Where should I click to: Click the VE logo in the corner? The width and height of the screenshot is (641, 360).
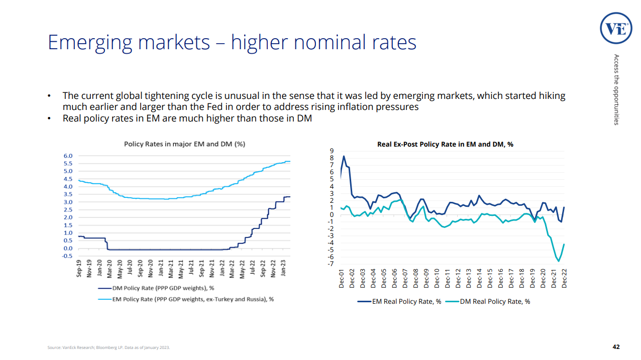[x=616, y=29]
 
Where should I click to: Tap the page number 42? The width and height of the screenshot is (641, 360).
[x=616, y=347]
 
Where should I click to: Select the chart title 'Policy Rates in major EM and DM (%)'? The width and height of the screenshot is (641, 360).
[x=184, y=144]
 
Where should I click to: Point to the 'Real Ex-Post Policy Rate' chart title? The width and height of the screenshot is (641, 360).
[x=445, y=144]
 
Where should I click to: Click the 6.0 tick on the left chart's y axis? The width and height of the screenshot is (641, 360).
[x=68, y=156]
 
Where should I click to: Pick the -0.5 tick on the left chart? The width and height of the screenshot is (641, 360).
[x=67, y=256]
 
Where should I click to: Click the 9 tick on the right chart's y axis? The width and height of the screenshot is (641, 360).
[x=331, y=151]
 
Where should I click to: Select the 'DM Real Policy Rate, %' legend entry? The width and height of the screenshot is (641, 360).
[x=495, y=302]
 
